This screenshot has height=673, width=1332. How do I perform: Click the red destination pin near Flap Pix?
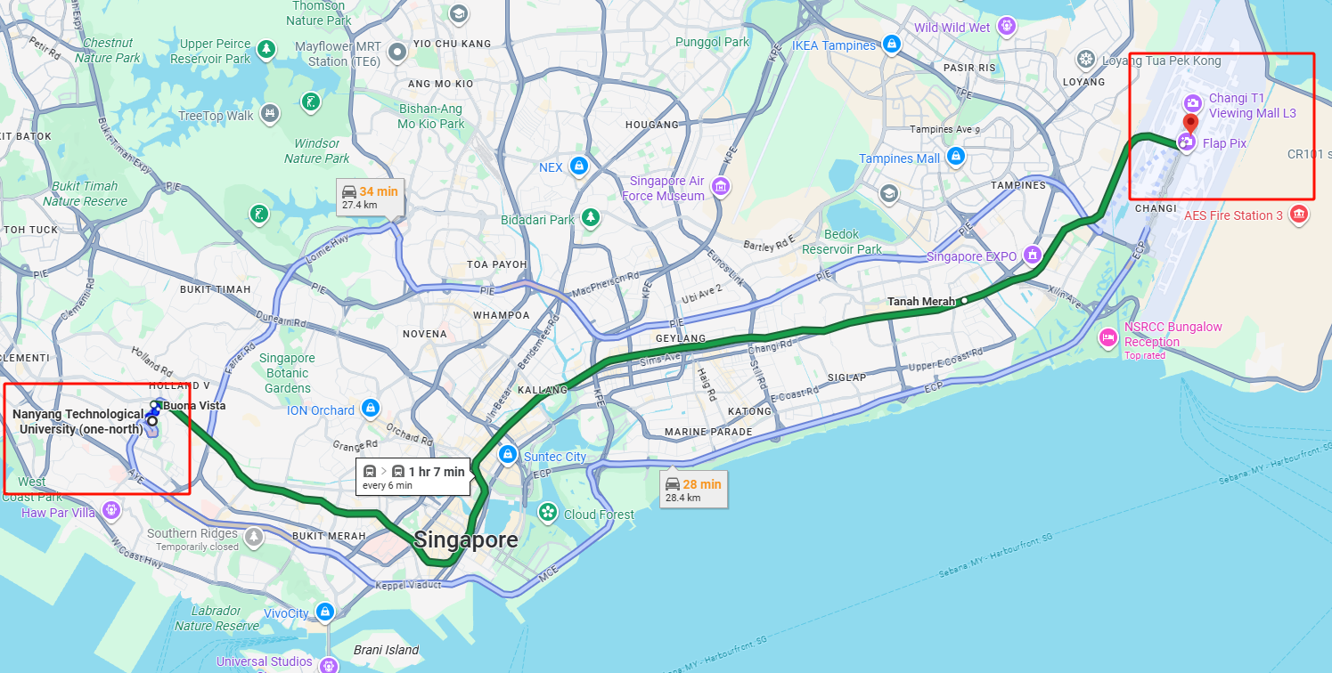coord(1190,122)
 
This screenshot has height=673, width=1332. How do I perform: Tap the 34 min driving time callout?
coord(370,197)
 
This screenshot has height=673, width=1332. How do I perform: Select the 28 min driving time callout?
coord(693,490)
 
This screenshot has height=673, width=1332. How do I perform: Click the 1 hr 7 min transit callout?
coord(413,477)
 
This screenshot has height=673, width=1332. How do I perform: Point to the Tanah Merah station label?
coord(920,302)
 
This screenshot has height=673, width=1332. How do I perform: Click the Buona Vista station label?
coord(194,406)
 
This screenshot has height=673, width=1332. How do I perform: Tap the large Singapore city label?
coord(465,540)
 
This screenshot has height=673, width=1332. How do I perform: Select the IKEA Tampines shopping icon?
coord(891,44)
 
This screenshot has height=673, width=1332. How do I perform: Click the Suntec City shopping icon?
coord(507,455)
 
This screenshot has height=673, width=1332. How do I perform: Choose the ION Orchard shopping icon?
coord(370,409)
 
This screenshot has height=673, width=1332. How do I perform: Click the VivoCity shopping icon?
coord(325,612)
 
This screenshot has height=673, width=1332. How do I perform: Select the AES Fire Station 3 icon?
coord(1299,215)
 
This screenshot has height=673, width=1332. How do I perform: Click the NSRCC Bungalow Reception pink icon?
coord(1108,336)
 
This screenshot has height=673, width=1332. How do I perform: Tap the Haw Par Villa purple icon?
coord(110,511)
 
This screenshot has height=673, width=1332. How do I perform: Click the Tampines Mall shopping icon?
coord(956,157)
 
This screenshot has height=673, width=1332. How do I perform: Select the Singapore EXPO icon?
coord(1033,255)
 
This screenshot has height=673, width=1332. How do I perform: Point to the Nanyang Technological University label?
coord(78,422)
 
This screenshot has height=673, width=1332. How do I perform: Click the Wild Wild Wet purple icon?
coord(1007,25)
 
